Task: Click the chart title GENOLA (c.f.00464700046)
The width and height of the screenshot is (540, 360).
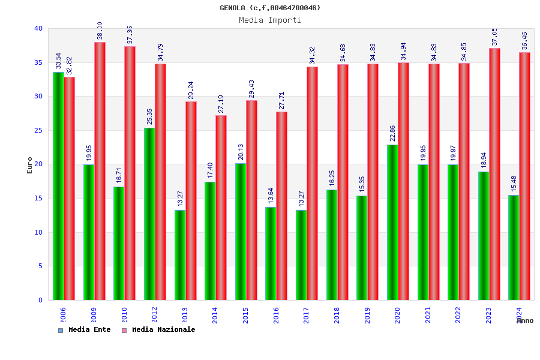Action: (270, 8)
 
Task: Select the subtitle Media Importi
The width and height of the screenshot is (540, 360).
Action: (270, 20)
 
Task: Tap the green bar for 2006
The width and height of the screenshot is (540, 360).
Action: (58, 186)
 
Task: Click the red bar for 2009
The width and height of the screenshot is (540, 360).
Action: (100, 171)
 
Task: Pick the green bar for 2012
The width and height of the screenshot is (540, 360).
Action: (149, 214)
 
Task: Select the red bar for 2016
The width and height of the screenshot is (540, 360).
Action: (282, 206)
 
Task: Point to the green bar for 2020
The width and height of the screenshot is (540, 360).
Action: (392, 222)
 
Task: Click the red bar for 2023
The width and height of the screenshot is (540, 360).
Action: (494, 174)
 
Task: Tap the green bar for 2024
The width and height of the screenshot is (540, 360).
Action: (514, 247)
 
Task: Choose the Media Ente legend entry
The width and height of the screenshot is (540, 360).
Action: (85, 329)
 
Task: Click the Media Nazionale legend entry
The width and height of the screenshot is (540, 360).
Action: (159, 329)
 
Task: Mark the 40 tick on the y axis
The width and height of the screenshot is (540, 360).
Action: (38, 28)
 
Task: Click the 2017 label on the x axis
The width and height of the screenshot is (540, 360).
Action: (307, 315)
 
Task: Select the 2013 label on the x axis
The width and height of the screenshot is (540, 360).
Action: (185, 315)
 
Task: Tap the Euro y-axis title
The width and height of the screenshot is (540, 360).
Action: (30, 165)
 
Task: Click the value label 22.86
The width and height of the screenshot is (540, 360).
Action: (392, 133)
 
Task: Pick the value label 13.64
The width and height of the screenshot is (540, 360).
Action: (271, 196)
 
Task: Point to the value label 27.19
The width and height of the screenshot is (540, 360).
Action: (221, 104)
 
